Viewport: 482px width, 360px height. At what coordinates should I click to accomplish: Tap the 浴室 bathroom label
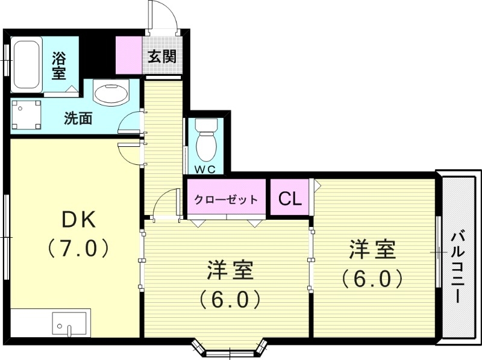[58, 66]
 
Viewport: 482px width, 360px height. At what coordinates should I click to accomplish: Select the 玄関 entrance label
[162, 57]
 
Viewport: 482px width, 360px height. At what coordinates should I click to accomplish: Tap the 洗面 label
[78, 118]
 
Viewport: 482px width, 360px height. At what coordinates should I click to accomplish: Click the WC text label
[205, 169]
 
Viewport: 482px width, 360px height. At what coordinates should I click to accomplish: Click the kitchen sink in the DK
[70, 325]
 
